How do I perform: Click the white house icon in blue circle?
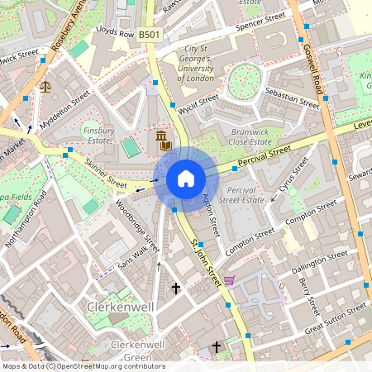[186, 179]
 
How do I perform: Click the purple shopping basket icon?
[229, 280]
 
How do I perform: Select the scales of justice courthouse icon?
[45, 85]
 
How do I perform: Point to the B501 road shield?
[150, 35]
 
